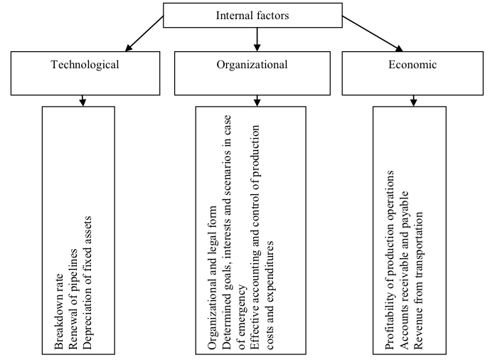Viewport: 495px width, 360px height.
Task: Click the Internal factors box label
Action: [x=252, y=16]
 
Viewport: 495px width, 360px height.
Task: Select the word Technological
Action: [x=85, y=65]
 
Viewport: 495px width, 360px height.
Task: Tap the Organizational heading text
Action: [x=252, y=65]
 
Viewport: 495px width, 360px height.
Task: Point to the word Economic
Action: [x=412, y=65]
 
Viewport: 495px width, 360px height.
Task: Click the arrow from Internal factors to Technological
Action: [x=144, y=33]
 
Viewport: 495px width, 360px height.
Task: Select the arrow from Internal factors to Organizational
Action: [x=257, y=39]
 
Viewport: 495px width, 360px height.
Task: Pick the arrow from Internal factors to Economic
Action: [x=373, y=33]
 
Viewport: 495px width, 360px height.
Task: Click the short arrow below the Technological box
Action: [x=82, y=101]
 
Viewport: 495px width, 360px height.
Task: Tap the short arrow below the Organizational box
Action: [x=257, y=101]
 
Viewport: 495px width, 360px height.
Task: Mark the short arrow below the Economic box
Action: [x=413, y=101]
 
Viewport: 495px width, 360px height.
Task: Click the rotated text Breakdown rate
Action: [x=59, y=312]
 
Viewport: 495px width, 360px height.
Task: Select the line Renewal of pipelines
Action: [x=73, y=299]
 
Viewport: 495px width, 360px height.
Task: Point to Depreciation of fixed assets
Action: [x=87, y=282]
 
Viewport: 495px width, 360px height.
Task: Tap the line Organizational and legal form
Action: [x=212, y=277]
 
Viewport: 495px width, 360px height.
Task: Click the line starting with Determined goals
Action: [x=227, y=232]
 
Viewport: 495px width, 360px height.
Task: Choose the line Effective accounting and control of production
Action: [x=255, y=237]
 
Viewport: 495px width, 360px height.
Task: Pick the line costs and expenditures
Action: [x=269, y=295]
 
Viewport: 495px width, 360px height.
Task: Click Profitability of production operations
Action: [x=390, y=260]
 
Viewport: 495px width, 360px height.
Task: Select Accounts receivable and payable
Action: [x=404, y=270]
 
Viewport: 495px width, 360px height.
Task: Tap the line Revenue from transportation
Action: [x=418, y=280]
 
